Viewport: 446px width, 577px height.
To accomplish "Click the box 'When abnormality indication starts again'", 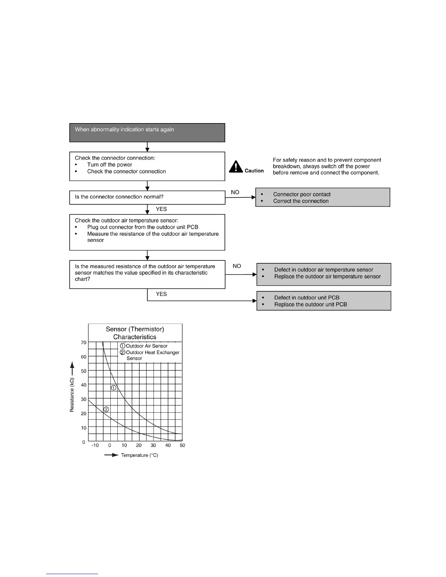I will pyautogui.click(x=147, y=133).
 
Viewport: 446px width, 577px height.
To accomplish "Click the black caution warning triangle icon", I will pyautogui.click(x=236, y=167).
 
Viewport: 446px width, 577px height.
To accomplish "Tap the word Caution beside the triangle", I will pyautogui.click(x=254, y=170).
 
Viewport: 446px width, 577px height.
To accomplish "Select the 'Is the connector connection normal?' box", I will pyautogui.click(x=147, y=197).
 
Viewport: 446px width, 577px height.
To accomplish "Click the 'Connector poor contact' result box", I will pyautogui.click(x=322, y=197).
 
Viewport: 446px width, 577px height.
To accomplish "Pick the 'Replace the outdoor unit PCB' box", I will pyautogui.click(x=324, y=301).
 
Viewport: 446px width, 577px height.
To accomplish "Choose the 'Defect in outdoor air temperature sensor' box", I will pyautogui.click(x=324, y=274).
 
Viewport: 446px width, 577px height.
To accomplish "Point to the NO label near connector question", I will pyautogui.click(x=235, y=192).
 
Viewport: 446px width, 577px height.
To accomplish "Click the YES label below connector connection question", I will pyautogui.click(x=161, y=209).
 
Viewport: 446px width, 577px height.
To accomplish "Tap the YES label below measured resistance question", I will pyautogui.click(x=161, y=294).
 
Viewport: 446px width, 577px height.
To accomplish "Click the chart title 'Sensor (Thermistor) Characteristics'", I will pyautogui.click(x=135, y=333).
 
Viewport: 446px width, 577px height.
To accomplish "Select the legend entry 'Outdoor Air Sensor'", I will pyautogui.click(x=146, y=346).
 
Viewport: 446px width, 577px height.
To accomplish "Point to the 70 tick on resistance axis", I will pyautogui.click(x=84, y=342).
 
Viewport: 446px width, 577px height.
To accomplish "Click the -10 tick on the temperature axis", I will pyautogui.click(x=95, y=445).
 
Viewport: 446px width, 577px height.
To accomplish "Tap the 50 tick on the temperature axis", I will pyautogui.click(x=183, y=445).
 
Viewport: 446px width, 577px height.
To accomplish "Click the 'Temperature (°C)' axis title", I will pyautogui.click(x=139, y=455).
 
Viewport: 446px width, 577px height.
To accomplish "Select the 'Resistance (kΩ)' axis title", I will pyautogui.click(x=72, y=395).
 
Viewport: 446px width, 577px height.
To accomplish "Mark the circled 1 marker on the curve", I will pyautogui.click(x=114, y=388).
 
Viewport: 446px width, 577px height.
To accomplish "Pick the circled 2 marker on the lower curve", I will pyautogui.click(x=106, y=409).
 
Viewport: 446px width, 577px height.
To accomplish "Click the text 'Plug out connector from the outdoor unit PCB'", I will pyautogui.click(x=142, y=227).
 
